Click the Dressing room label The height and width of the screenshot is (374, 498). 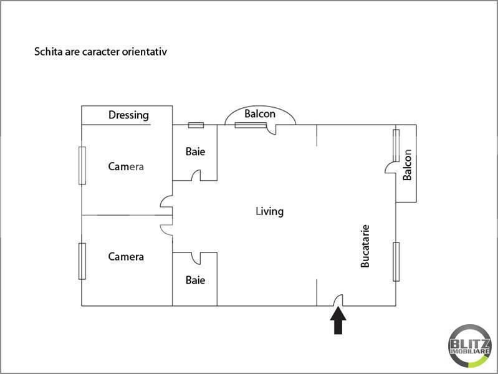[x=129, y=115]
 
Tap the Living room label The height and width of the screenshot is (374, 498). [x=269, y=211]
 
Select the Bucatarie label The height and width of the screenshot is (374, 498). [x=365, y=246]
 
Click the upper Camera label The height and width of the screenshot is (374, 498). [x=126, y=166]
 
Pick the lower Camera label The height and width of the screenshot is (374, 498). [x=126, y=256]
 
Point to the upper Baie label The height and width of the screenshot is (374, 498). [x=195, y=151]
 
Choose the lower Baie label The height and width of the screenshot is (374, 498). [x=195, y=280]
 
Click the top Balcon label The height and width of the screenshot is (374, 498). [x=260, y=114]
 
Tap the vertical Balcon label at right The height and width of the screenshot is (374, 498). [x=408, y=165]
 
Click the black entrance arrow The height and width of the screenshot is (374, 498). [x=338, y=322]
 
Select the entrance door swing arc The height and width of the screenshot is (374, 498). [x=338, y=300]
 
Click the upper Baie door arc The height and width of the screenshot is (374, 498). [x=196, y=176]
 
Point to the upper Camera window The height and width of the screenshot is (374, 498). [x=82, y=165]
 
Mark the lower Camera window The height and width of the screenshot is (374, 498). [x=82, y=261]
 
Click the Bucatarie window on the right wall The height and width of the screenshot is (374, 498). [x=396, y=261]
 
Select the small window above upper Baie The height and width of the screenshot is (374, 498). [x=196, y=125]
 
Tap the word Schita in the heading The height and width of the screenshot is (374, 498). [x=47, y=52]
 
